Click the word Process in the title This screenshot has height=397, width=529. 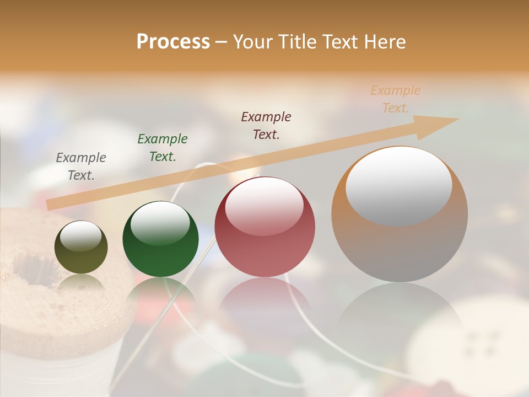(x=173, y=42)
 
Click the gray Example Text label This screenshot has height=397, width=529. (x=81, y=167)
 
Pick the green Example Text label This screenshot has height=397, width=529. (x=163, y=148)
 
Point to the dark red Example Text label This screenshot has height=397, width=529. (x=266, y=126)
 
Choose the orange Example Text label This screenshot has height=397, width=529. (x=396, y=99)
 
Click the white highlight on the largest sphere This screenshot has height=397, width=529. (x=399, y=185)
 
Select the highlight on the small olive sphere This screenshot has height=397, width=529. (x=81, y=236)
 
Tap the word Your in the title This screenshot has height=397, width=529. (x=253, y=42)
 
